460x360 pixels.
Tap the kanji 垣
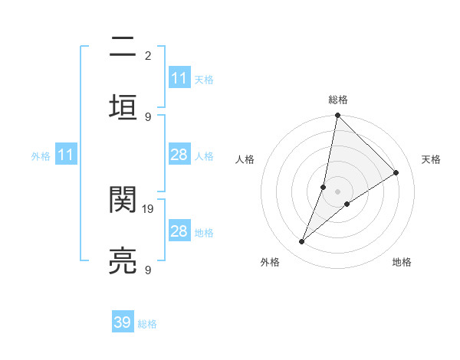click(123, 105)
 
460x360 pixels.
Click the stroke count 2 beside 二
click(147, 56)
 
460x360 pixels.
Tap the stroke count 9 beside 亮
click(147, 270)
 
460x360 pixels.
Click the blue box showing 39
click(123, 322)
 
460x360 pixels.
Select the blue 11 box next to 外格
click(66, 155)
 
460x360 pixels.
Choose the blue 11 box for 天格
click(179, 78)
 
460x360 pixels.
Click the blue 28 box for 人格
click(179, 155)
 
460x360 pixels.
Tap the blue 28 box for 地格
click(179, 231)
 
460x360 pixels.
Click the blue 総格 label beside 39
click(147, 324)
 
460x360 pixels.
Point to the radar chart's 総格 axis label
click(337, 100)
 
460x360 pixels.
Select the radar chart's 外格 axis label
click(270, 262)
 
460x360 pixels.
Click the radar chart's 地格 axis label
click(402, 262)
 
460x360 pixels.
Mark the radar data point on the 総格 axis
click(337, 116)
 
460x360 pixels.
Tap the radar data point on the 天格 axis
click(396, 173)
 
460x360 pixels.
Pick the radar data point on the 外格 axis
click(302, 242)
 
